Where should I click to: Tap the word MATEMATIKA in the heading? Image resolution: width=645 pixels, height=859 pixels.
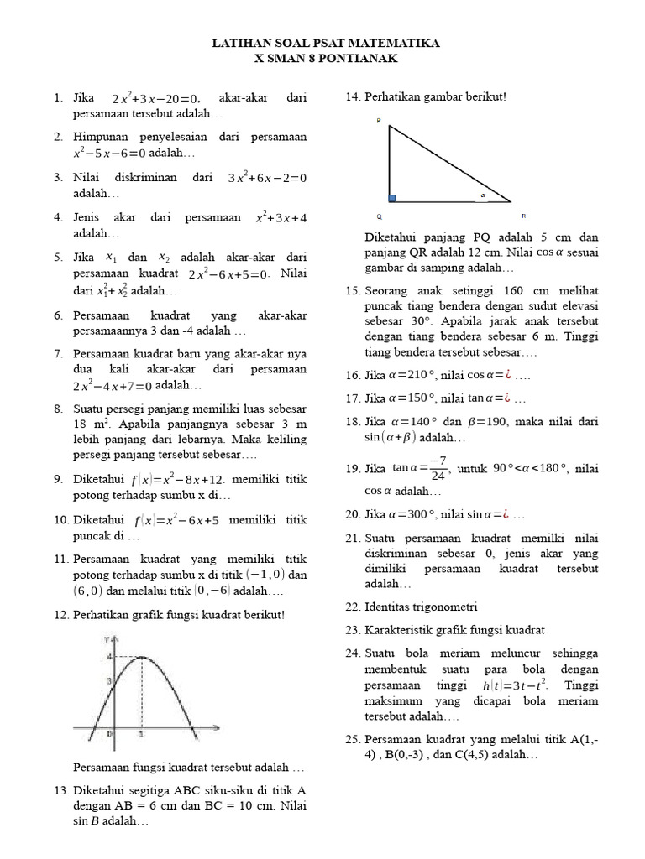(x=392, y=42)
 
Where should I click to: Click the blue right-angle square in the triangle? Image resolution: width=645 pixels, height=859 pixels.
(x=391, y=198)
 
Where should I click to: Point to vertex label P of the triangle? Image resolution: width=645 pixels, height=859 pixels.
(x=379, y=122)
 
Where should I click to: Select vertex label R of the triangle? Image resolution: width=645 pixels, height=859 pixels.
(x=523, y=216)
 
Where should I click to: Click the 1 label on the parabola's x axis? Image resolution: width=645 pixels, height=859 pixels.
(x=140, y=734)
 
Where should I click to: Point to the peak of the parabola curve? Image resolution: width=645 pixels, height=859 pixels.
(x=141, y=656)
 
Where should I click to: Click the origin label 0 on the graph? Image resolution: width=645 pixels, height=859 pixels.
(x=109, y=734)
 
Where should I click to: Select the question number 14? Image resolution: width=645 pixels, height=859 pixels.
(x=353, y=97)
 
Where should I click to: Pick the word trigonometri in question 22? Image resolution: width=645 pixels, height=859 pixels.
(x=446, y=607)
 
